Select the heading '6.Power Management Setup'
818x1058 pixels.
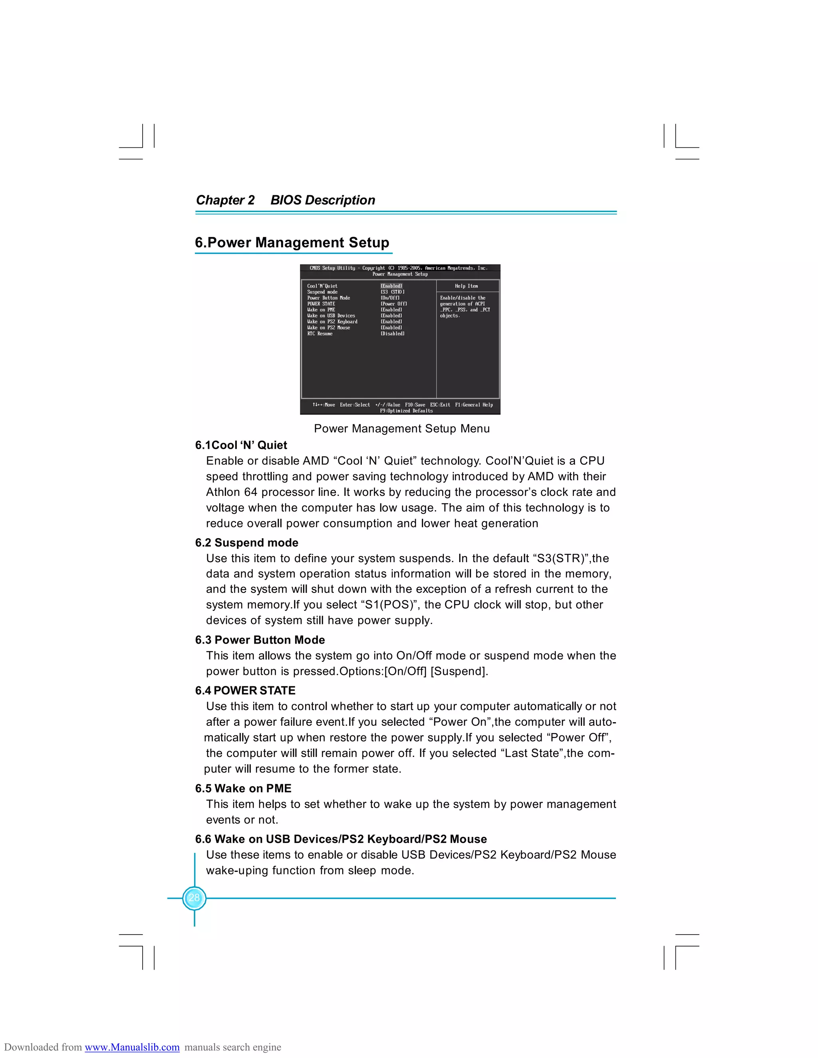coord(292,242)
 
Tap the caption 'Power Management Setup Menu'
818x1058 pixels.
coord(402,428)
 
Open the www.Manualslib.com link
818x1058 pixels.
coord(132,1047)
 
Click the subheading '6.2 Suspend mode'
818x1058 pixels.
coord(247,543)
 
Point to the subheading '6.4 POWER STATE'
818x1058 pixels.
coord(245,690)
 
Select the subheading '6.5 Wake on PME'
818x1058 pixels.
coord(243,788)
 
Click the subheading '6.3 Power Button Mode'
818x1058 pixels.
coord(260,640)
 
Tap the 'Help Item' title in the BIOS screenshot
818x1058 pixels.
coord(466,286)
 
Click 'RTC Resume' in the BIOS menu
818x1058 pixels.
coord(320,334)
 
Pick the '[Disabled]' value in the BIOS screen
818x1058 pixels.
coord(393,334)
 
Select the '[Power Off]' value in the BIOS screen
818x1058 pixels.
coord(393,304)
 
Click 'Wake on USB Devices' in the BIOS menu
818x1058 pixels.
coord(331,316)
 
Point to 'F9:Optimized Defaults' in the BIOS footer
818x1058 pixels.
coord(406,411)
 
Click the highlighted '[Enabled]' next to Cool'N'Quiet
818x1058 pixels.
coord(391,286)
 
